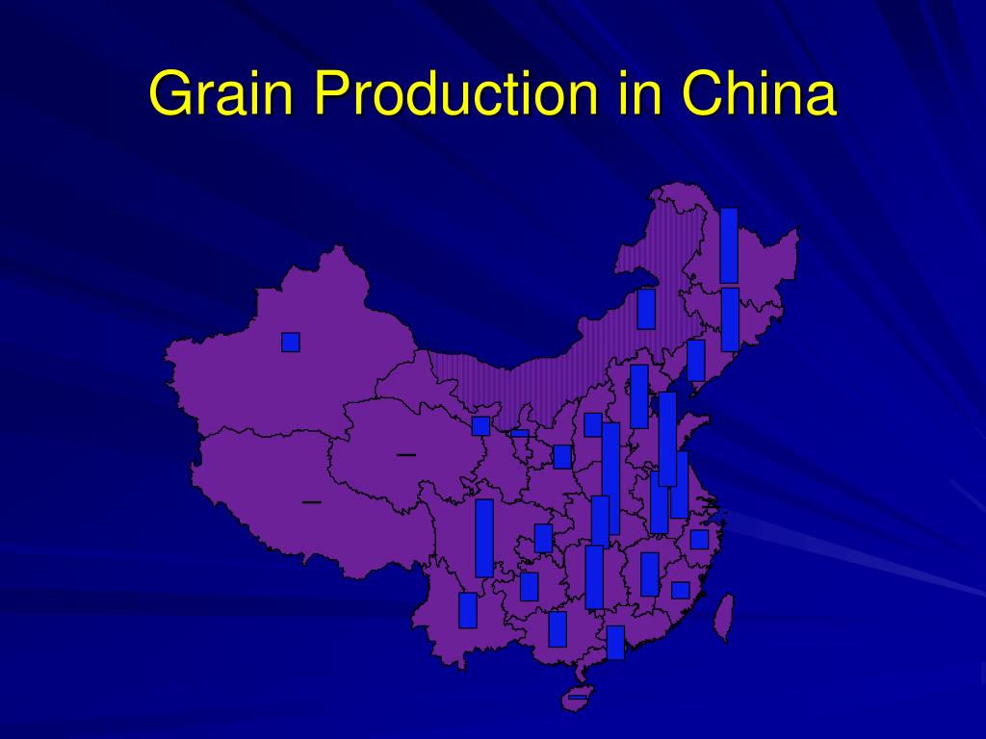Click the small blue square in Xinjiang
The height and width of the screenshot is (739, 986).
pos(291,342)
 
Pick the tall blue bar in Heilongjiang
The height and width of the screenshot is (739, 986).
pos(729,245)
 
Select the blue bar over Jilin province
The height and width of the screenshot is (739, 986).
pos(730,319)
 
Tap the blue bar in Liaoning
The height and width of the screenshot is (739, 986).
pos(695,360)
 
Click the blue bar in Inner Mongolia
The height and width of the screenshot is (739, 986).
pos(646,309)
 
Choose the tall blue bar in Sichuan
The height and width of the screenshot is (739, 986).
pos(484,538)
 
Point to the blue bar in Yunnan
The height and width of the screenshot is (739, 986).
pos(468,610)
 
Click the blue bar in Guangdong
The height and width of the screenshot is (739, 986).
pos(615,642)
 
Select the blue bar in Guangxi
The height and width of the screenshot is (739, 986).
pos(558,629)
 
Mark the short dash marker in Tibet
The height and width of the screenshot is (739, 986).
pos(311,502)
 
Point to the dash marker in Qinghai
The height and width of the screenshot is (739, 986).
pos(406,453)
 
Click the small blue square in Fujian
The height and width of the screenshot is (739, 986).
pos(681,590)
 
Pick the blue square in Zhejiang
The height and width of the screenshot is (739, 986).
pos(699,539)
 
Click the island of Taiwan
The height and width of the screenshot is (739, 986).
pos(723,616)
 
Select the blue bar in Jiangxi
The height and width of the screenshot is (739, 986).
pos(650,573)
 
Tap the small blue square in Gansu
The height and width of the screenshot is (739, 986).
pos(480,425)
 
